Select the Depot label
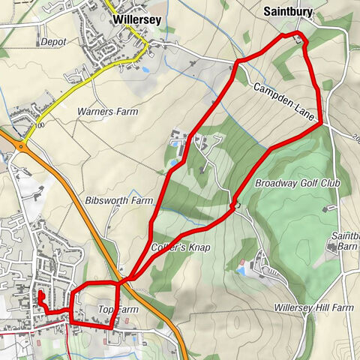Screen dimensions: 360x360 (55, 42)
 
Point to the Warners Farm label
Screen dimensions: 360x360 (108, 112)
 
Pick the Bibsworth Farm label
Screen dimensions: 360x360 (118, 201)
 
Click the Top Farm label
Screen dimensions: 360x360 (118, 309)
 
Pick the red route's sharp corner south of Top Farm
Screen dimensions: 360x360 (112, 328)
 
